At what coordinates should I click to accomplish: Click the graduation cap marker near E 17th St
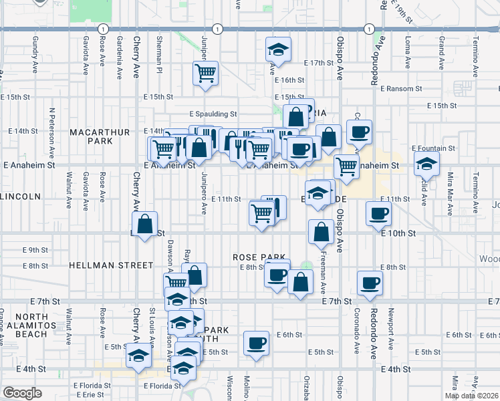click(278, 49)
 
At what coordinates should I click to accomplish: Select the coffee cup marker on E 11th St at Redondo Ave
click(378, 214)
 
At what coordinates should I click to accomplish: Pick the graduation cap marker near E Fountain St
click(426, 163)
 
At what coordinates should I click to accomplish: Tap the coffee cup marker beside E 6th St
click(255, 344)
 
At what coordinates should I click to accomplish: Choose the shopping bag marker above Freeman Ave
click(322, 231)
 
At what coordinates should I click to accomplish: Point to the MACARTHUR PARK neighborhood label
click(100, 137)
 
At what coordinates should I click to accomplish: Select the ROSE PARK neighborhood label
click(259, 257)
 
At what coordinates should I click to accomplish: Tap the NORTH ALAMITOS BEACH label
click(46, 325)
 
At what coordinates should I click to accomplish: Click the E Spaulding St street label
click(213, 114)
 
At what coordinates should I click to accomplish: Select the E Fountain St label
click(433, 148)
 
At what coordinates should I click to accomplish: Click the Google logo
click(22, 393)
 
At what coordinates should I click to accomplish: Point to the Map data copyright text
click(472, 396)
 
